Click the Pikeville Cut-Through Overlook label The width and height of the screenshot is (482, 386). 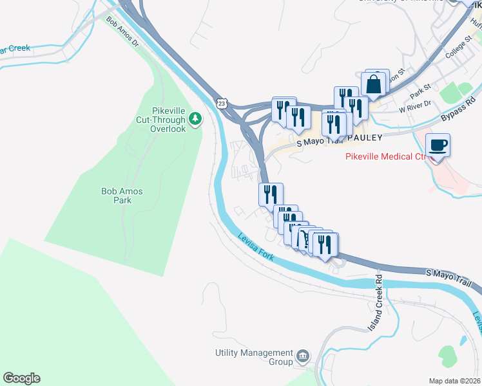click(x=160, y=120)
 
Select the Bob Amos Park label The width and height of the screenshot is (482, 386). click(x=122, y=196)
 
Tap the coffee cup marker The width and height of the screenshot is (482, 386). click(x=438, y=145)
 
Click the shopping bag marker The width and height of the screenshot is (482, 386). click(x=374, y=84)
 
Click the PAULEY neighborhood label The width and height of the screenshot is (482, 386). click(x=364, y=138)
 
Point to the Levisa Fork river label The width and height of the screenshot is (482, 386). click(x=255, y=247)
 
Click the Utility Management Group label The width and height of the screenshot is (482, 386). click(x=254, y=357)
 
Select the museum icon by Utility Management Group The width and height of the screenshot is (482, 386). click(x=303, y=356)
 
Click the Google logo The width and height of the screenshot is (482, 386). click(x=21, y=378)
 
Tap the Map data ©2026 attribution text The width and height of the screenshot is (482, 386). click(x=455, y=381)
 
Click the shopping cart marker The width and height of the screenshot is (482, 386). click(x=300, y=239)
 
